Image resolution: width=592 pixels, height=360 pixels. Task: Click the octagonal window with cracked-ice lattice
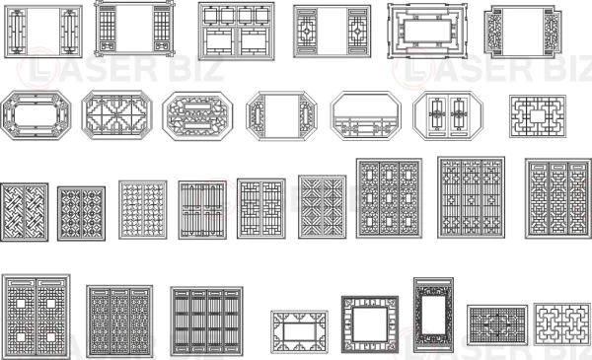197,115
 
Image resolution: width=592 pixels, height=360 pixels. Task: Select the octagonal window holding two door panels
448,115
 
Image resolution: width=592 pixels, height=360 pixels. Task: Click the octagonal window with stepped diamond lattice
117,114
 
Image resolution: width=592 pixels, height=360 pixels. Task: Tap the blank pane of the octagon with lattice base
366,106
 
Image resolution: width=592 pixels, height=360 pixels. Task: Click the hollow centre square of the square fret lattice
538,116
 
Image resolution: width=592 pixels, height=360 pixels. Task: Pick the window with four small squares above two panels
237,31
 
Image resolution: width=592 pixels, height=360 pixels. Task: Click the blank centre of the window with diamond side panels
333,32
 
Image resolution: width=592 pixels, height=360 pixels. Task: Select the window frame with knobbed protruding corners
134,29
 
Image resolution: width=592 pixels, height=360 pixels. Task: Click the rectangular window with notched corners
523,32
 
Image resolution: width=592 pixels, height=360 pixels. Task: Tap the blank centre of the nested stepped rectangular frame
427,32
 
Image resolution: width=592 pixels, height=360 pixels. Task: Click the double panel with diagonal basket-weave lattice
24,212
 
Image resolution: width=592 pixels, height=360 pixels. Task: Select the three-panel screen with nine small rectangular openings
389,198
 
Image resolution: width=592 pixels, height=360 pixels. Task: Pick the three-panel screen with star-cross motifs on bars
472,197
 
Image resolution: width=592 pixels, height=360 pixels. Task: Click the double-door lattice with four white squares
36,317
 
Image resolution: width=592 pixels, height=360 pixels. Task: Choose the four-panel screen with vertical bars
206,322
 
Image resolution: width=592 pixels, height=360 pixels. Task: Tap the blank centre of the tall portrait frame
433,315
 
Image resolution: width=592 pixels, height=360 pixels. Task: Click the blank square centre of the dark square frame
370,324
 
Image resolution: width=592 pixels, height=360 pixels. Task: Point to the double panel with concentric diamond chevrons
322,207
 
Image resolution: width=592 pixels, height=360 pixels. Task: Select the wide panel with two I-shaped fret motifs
562,324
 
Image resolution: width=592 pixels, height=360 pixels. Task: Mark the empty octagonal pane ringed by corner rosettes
36,114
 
